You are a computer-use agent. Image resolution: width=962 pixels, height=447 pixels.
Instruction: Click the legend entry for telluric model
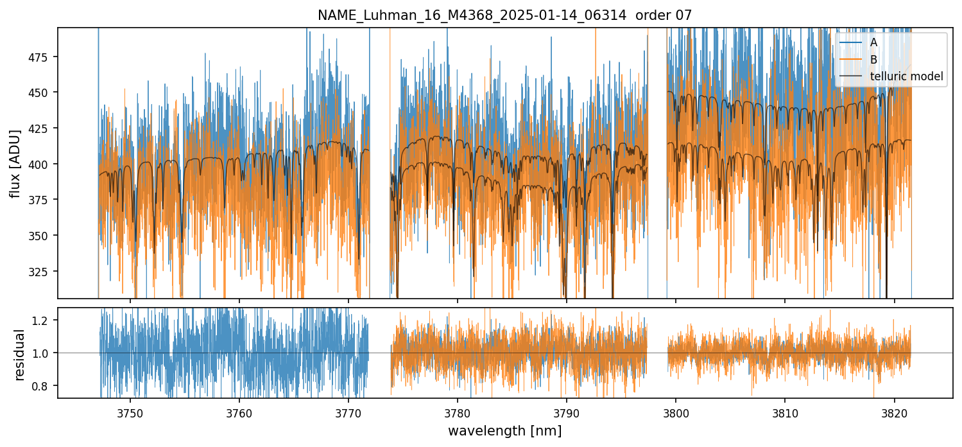pyautogui.click(x=906, y=76)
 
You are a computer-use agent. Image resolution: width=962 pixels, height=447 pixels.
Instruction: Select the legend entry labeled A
pyautogui.click(x=873, y=42)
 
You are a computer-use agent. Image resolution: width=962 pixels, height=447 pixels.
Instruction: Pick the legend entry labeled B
pyautogui.click(x=873, y=60)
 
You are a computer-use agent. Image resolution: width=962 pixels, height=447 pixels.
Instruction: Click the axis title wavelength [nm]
pyautogui.click(x=504, y=430)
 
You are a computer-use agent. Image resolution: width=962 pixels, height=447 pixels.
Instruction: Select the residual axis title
pyautogui.click(x=19, y=355)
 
